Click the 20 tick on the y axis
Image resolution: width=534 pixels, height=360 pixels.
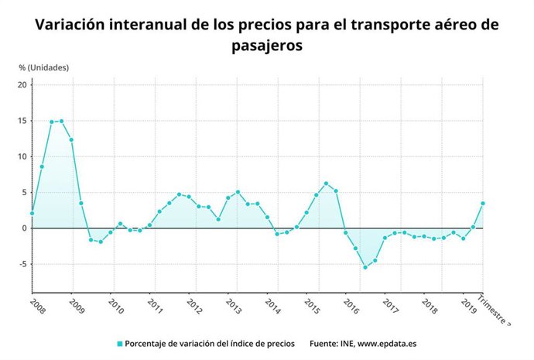(x=22, y=84)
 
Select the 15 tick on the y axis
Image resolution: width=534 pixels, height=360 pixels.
(x=22, y=121)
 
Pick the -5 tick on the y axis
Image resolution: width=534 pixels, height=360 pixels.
(x=22, y=264)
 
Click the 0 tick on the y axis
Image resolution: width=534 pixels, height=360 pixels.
(x=25, y=228)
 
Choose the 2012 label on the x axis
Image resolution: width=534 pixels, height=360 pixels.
(x=193, y=303)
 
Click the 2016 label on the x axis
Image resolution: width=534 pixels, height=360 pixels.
(x=351, y=303)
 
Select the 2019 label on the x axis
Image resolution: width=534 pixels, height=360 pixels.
(x=468, y=303)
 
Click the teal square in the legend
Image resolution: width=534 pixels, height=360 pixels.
(x=120, y=343)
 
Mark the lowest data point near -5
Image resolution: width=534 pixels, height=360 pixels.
(x=365, y=267)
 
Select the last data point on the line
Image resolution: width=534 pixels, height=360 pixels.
(x=483, y=204)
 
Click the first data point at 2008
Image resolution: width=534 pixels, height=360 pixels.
(x=32, y=213)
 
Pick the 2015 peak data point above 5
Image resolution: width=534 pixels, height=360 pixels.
(x=326, y=183)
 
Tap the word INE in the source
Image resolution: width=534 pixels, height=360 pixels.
(x=341, y=343)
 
